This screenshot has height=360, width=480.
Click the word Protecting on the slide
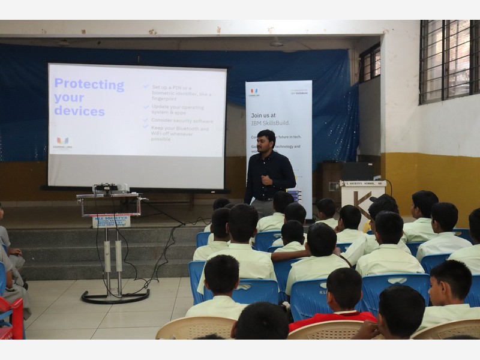(x=89, y=85)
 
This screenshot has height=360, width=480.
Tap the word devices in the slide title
(x=79, y=111)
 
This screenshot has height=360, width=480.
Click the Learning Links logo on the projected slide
(x=62, y=143)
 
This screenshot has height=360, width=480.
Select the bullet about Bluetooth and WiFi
(x=180, y=133)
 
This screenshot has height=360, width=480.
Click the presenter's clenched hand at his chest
(x=266, y=179)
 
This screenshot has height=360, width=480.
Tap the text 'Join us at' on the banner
(x=263, y=115)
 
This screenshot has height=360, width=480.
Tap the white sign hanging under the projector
(x=111, y=221)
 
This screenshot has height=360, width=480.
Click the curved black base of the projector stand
(x=115, y=297)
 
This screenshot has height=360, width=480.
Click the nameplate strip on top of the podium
(x=363, y=184)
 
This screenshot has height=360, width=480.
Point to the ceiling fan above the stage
(x=276, y=43)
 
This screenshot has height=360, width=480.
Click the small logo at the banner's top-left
(x=254, y=92)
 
